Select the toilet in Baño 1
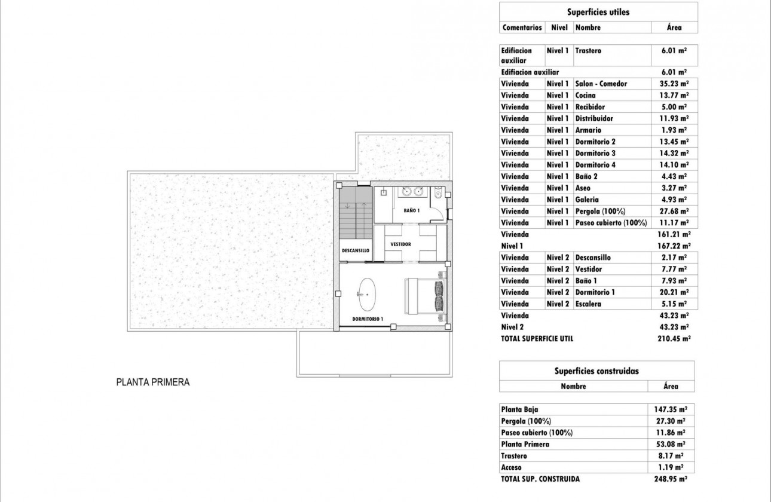tap(438, 194)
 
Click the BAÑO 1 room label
tap(412, 210)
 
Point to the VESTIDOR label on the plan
tap(400, 244)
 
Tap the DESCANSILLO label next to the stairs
tap(356, 250)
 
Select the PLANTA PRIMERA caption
tap(152, 383)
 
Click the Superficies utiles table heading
tap(598, 11)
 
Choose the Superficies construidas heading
tap(597, 371)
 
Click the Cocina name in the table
tap(585, 95)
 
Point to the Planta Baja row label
tap(519, 409)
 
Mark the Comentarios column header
tap(522, 27)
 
